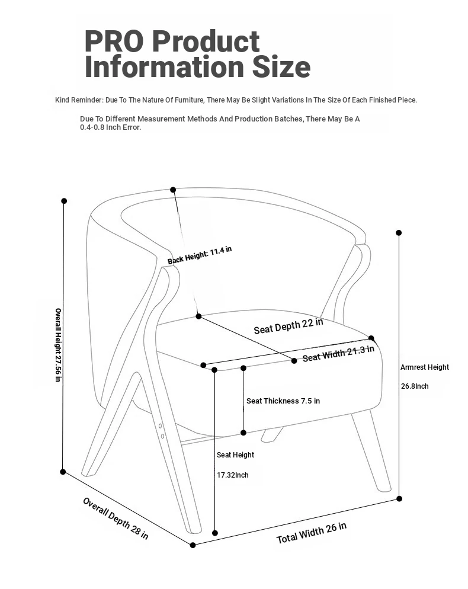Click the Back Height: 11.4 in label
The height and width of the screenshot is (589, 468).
[x=200, y=255]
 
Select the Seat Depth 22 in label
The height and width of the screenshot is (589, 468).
[x=289, y=326]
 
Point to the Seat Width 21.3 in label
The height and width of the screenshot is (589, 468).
[x=338, y=353]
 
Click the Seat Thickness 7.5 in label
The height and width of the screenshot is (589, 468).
[x=283, y=401]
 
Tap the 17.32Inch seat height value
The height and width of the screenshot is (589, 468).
[x=233, y=475]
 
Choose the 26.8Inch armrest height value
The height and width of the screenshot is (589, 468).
[x=415, y=386]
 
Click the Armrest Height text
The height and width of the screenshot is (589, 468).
[x=425, y=367]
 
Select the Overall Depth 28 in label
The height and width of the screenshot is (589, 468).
[x=116, y=518]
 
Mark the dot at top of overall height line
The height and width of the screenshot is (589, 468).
[x=64, y=201]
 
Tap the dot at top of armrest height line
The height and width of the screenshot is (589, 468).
[x=399, y=233]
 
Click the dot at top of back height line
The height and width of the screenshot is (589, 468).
[x=173, y=190]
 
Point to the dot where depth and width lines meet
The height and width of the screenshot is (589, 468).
[x=193, y=545]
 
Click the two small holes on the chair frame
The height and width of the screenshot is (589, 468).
[x=161, y=431]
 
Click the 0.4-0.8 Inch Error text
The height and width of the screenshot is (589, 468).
[x=111, y=127]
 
